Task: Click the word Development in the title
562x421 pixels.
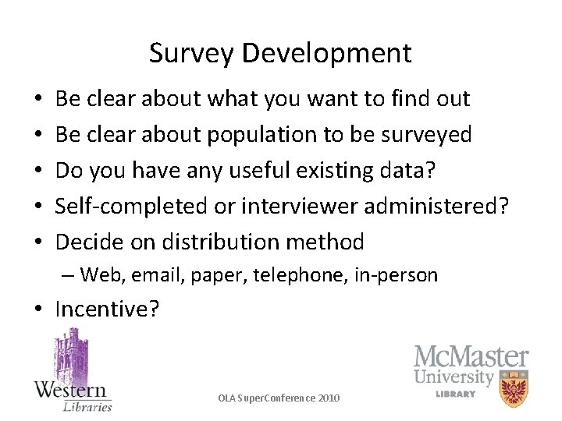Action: pyautogui.click(x=326, y=54)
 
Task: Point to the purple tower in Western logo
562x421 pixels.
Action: pyautogui.click(x=71, y=355)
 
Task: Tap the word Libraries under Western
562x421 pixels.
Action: pyautogui.click(x=87, y=405)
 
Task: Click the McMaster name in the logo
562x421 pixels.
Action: pyautogui.click(x=471, y=358)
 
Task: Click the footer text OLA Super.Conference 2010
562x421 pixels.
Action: pyautogui.click(x=279, y=398)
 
